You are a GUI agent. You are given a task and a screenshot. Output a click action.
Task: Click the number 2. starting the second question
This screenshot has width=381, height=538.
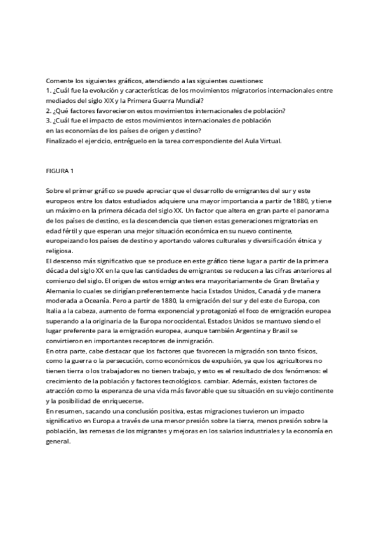(49, 110)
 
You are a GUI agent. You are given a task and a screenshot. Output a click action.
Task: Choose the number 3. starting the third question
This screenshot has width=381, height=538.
(49, 121)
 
